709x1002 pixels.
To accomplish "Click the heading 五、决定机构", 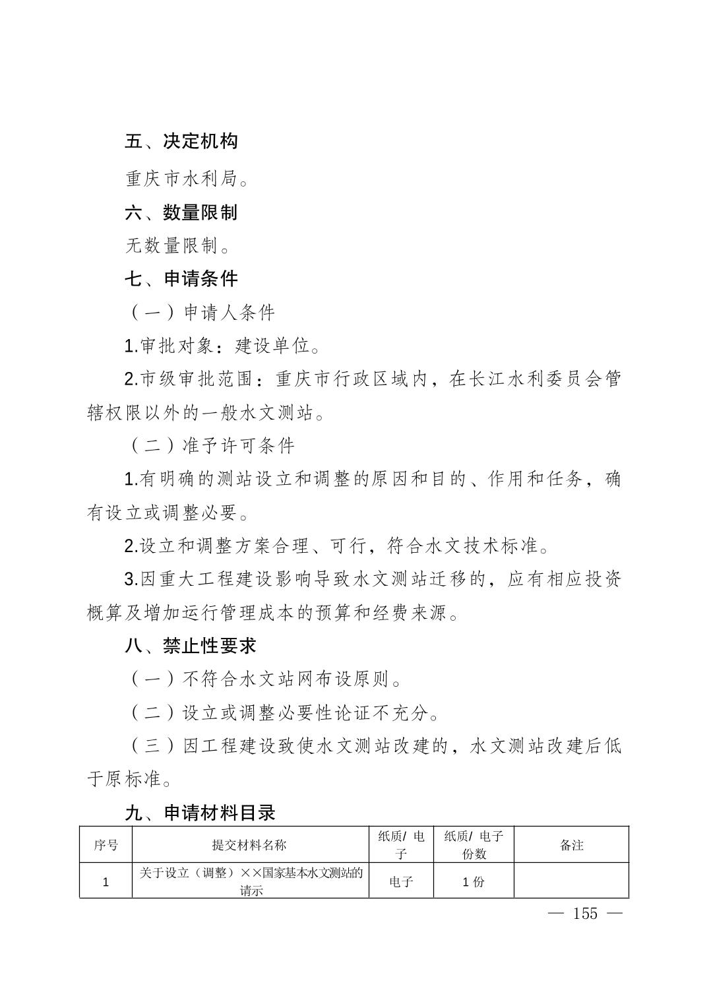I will (181, 141).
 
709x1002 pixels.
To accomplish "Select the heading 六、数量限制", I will (181, 212).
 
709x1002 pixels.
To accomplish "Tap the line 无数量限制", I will (178, 247).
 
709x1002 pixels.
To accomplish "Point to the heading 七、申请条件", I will (181, 279).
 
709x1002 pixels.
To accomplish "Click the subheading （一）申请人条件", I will (200, 313).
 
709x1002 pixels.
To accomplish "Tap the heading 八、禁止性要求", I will (191, 646).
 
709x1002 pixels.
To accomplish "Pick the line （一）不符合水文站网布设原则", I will (264, 679).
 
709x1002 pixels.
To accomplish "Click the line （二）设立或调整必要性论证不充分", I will (283, 712).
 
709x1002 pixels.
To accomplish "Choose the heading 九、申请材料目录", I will (200, 813).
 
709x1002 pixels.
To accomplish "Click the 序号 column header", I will (106, 845).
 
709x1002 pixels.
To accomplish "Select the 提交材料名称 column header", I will (249, 845).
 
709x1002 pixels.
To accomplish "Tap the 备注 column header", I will (571, 845).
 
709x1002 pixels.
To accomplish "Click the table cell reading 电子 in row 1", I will (401, 881).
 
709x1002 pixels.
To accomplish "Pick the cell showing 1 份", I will (474, 881).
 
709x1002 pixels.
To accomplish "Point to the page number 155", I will (585, 914).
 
